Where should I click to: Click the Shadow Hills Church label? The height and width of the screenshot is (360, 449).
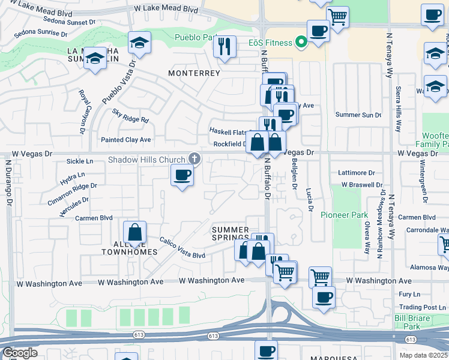tap(146, 160)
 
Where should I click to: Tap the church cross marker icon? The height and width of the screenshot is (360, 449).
tap(194, 159)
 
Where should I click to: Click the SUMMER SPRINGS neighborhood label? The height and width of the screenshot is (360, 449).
tap(231, 234)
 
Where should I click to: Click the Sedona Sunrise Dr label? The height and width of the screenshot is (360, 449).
tap(41, 31)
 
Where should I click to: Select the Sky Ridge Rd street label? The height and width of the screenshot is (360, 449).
tap(130, 116)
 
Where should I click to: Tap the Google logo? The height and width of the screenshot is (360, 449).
tap(20, 353)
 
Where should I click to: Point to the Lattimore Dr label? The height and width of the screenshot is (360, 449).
tap(357, 173)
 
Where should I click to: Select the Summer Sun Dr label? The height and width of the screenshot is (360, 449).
tap(358, 115)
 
